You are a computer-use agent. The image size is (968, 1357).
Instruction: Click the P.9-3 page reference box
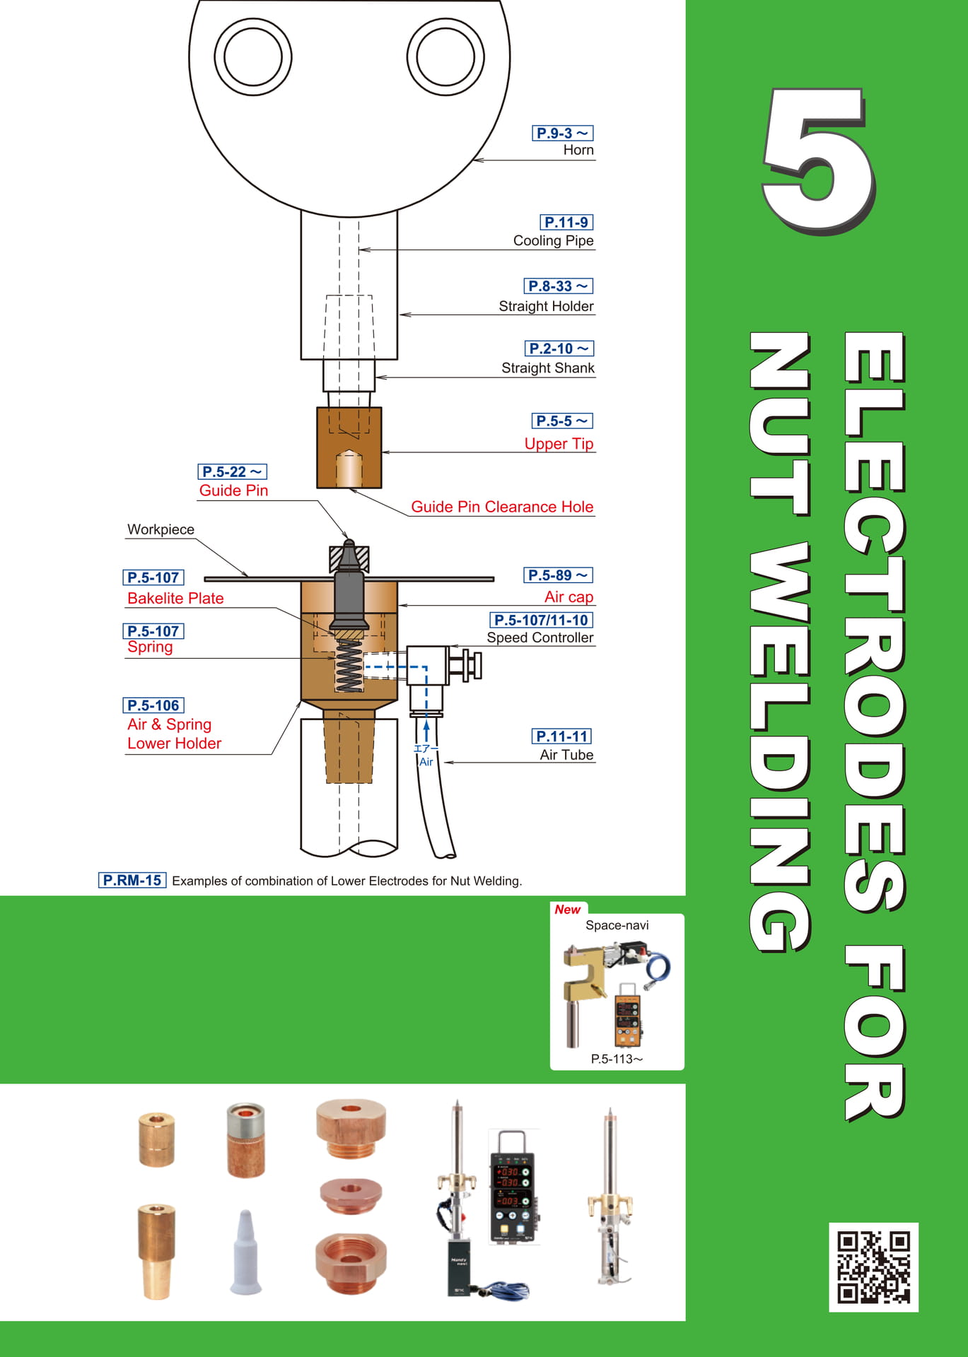coord(562,133)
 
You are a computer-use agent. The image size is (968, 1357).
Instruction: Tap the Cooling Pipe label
coord(553,241)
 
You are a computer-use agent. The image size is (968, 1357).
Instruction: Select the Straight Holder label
coord(546,306)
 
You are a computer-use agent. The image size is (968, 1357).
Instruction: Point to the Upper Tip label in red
coord(559,444)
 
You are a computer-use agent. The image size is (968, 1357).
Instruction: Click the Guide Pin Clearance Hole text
coord(502,507)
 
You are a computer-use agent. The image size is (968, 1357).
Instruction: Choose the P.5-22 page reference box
coord(232,471)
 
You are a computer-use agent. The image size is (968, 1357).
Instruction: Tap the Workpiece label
coord(161,529)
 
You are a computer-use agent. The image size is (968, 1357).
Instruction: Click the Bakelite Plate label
coord(175,598)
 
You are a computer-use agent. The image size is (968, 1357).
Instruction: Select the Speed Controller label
coord(540,638)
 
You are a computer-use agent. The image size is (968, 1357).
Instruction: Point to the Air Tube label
coord(566,755)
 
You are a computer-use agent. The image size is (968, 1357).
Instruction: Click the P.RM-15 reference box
coord(132,880)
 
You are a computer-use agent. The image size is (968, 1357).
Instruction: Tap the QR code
coord(873,1267)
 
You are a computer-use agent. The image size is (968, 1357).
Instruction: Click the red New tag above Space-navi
coord(568,910)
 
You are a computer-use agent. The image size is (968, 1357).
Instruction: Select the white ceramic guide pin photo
coord(245,1252)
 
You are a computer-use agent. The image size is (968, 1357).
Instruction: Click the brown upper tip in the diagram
coord(349,448)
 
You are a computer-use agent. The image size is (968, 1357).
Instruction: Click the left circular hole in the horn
coord(252,57)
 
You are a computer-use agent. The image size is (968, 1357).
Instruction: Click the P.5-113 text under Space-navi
coord(617,1059)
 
